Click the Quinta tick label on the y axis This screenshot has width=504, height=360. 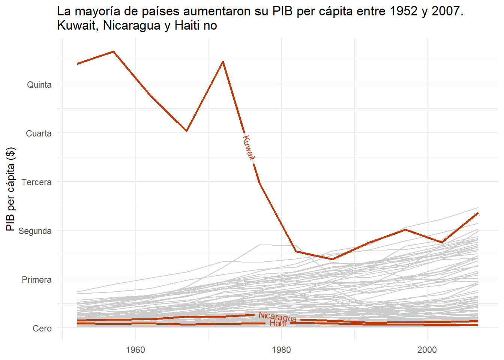[x=39, y=85]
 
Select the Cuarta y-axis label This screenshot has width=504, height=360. [x=39, y=133]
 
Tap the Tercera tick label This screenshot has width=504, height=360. [x=36, y=182]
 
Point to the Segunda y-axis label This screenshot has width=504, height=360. [x=35, y=231]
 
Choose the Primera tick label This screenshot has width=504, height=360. [x=36, y=280]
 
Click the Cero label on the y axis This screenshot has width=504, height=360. [x=42, y=328]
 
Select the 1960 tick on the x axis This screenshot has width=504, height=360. [x=135, y=350]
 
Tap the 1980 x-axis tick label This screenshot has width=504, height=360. [x=281, y=350]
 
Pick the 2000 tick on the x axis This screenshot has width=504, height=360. [x=427, y=350]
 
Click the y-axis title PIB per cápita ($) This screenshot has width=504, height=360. [x=10, y=189]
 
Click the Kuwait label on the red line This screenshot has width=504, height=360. [x=248, y=148]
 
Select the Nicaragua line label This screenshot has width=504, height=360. [x=277, y=317]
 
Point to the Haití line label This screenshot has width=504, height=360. [x=278, y=323]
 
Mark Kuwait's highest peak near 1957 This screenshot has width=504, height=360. [x=113, y=51]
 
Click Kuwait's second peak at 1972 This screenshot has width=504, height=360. [x=223, y=61]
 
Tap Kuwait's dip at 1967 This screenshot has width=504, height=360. [x=186, y=131]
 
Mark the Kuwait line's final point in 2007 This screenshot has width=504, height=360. [x=478, y=213]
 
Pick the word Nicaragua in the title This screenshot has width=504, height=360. [x=132, y=25]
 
